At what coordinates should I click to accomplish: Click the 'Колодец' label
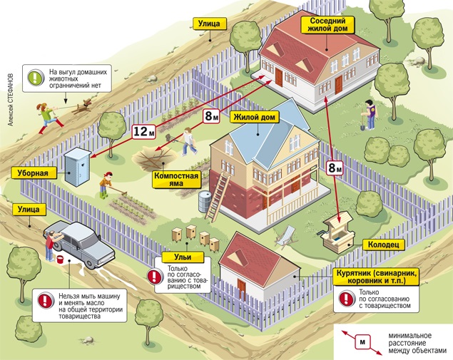pyautogui.click(x=386, y=244)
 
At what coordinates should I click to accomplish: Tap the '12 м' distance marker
pyautogui.click(x=143, y=130)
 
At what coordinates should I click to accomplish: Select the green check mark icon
pyautogui.click(x=34, y=76)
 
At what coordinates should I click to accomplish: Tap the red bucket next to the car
pyautogui.click(x=59, y=255)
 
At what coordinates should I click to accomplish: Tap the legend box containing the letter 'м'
pyautogui.click(x=362, y=341)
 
